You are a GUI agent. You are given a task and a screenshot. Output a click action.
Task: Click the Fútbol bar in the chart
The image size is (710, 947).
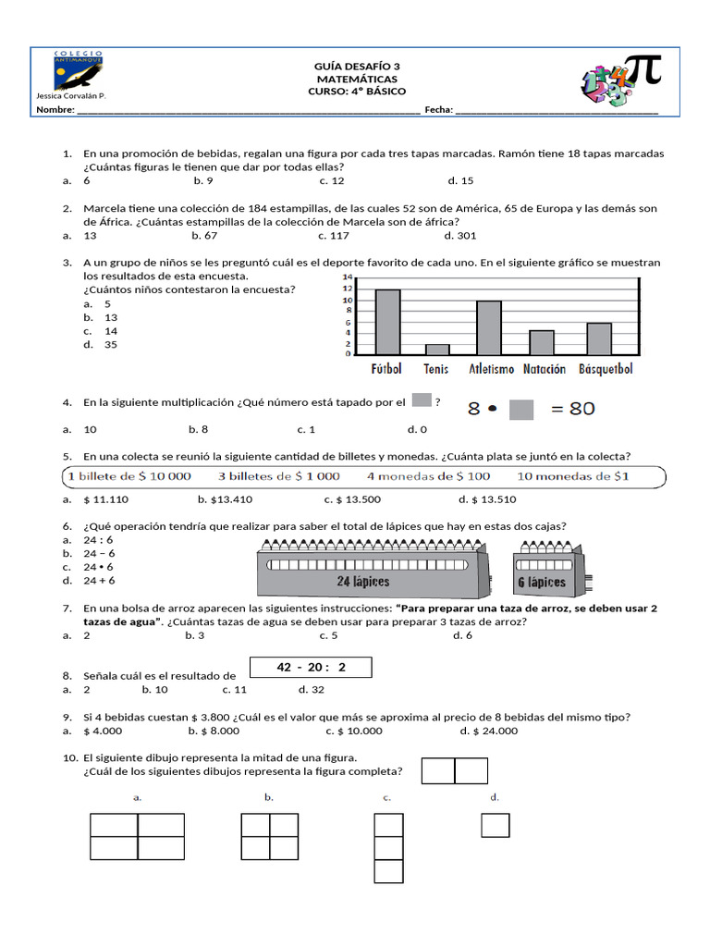tap(387, 322)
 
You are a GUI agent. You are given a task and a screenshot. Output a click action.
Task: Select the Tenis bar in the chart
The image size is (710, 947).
tap(437, 349)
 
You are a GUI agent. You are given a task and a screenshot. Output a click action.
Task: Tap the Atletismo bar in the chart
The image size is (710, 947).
tap(488, 327)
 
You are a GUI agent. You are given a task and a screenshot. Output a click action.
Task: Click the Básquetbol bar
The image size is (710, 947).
tap(599, 338)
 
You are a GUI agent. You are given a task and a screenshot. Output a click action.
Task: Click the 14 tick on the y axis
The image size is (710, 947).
tap(348, 277)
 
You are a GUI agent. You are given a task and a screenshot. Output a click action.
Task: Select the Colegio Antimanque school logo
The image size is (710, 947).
tap(79, 71)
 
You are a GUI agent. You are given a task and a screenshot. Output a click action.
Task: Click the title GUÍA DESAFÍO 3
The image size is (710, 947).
tap(357, 67)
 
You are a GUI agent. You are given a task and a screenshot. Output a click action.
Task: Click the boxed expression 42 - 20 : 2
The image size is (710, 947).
tap(311, 668)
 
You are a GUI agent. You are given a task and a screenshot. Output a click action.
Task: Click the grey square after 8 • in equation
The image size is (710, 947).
tap(521, 409)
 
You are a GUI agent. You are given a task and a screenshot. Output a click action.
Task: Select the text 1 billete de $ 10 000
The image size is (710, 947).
tap(129, 476)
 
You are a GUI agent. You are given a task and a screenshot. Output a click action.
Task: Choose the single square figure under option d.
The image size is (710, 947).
tap(496, 824)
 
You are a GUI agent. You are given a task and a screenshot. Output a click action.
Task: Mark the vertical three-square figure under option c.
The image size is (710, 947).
tap(388, 848)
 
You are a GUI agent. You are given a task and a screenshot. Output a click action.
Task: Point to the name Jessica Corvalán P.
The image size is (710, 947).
tap(70, 96)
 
